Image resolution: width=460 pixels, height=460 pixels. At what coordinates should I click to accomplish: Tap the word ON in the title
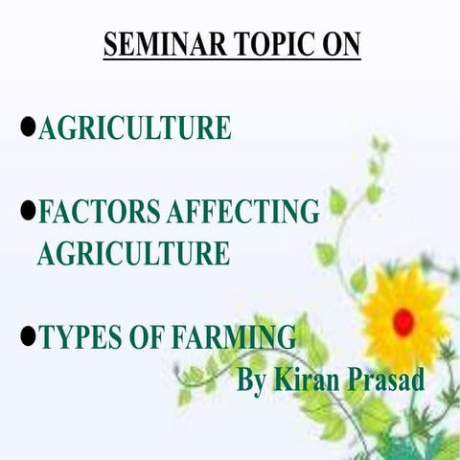pos(339,44)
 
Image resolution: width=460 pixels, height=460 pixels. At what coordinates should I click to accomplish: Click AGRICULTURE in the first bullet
pos(134,127)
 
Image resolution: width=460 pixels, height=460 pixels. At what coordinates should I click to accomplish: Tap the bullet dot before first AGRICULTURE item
pos(28,126)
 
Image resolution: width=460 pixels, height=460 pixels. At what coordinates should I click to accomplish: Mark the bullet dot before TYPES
pos(28,335)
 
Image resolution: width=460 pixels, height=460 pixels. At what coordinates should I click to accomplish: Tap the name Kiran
pos(306,379)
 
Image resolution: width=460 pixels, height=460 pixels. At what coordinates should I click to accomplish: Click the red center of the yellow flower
pos(403,317)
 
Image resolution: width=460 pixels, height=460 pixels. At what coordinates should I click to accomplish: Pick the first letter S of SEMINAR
pos(110,44)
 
